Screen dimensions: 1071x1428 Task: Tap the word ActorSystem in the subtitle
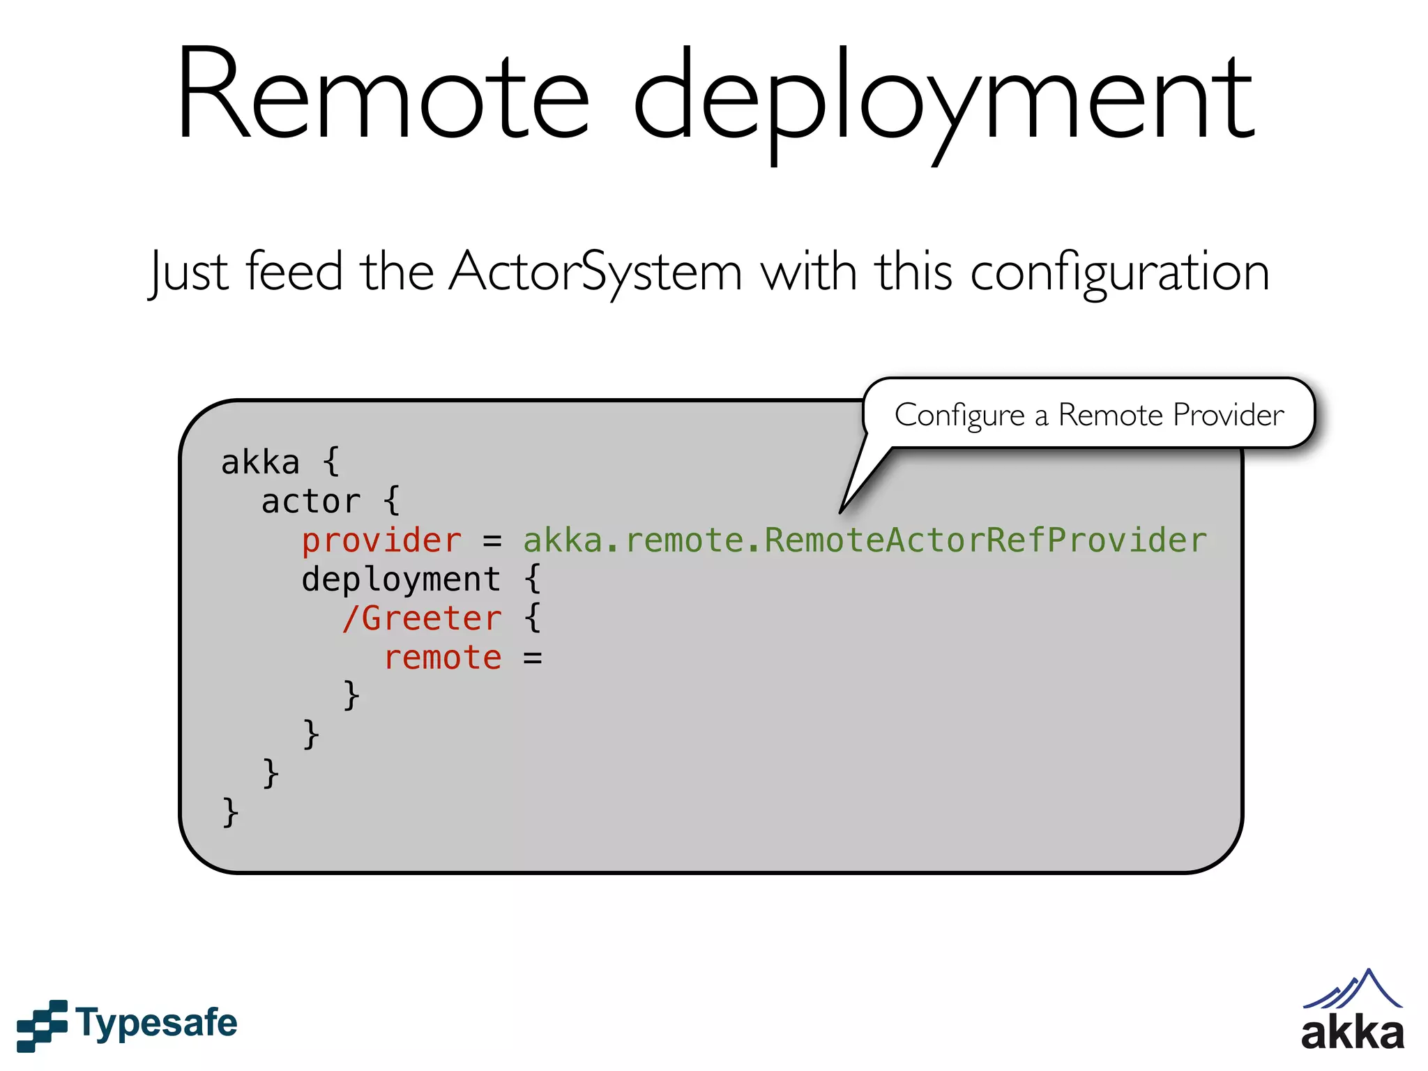[596, 272]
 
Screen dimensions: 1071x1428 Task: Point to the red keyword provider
[381, 541]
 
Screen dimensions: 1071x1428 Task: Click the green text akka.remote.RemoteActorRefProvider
[865, 541]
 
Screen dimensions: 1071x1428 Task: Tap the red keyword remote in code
[443, 658]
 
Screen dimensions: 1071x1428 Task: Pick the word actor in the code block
[311, 502]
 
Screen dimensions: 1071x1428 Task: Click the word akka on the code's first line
[260, 463]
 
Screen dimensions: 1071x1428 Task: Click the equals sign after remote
[533, 658]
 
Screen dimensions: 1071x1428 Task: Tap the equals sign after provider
[492, 541]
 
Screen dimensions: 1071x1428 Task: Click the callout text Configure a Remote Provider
[1089, 415]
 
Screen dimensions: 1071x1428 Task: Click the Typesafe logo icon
[42, 1025]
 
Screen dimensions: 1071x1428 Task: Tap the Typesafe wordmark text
[157, 1024]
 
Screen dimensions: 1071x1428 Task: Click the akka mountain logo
[1353, 1011]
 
